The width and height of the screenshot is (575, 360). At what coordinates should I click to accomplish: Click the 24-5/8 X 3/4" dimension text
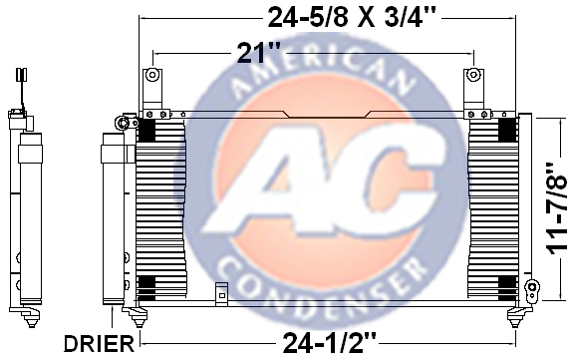[x=352, y=17]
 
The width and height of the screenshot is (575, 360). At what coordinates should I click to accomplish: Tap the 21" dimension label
[x=259, y=53]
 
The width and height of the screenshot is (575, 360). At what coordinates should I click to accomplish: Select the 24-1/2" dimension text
[x=330, y=343]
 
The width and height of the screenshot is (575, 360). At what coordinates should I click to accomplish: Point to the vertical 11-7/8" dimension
[x=557, y=208]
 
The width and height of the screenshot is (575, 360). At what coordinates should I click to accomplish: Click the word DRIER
[x=99, y=344]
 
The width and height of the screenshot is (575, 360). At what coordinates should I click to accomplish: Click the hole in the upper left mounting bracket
[x=151, y=75]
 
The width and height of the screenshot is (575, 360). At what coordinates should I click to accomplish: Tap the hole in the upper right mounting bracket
[x=473, y=75]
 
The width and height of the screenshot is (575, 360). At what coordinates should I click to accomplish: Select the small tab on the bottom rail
[x=221, y=294]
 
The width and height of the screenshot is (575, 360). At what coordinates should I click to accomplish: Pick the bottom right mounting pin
[x=516, y=317]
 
